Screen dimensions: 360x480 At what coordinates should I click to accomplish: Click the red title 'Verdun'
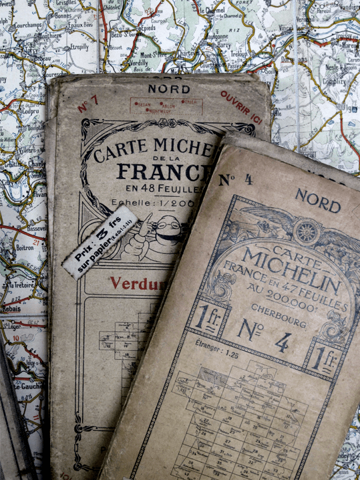(x=134, y=283)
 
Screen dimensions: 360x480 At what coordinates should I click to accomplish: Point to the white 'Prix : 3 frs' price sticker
(x=101, y=242)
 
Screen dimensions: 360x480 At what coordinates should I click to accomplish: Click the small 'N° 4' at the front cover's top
(x=236, y=179)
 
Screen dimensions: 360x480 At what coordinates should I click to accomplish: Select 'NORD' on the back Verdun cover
(x=169, y=89)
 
